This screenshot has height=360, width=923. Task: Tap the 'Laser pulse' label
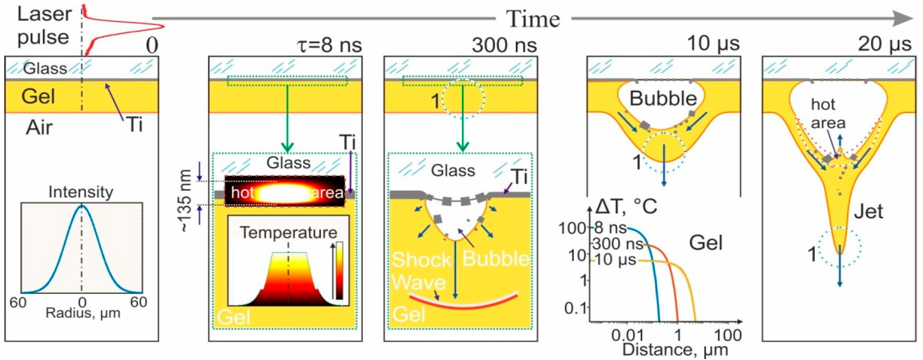(x=44, y=26)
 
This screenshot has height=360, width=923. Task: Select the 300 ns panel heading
(x=504, y=45)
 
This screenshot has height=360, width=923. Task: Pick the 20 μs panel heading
(x=884, y=45)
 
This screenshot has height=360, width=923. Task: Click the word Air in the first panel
(x=39, y=128)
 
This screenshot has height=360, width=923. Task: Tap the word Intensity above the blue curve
(x=81, y=192)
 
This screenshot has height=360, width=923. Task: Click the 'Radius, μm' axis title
(x=83, y=314)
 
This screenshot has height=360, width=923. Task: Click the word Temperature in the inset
(x=288, y=233)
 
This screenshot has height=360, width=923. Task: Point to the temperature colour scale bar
(x=339, y=270)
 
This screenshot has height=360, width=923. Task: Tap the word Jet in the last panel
(x=868, y=212)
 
